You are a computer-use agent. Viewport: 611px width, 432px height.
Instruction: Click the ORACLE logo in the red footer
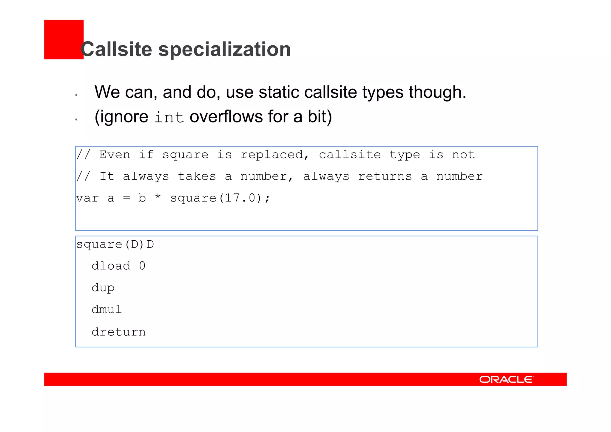tap(506, 379)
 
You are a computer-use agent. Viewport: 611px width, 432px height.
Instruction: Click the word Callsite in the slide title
tap(116, 49)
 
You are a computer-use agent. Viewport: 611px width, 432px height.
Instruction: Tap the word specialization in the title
tap(224, 49)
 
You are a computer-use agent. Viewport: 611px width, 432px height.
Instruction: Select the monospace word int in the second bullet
tap(169, 117)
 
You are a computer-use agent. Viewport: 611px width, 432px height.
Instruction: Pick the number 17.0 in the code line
tap(240, 198)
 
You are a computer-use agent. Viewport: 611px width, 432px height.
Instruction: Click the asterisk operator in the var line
tap(158, 197)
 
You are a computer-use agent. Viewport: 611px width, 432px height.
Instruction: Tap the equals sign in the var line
tap(126, 198)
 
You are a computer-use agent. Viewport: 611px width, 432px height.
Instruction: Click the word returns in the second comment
tap(385, 176)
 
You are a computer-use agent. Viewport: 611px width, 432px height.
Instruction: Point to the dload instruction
tap(111, 266)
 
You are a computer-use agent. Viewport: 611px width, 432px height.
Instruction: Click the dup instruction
tap(103, 288)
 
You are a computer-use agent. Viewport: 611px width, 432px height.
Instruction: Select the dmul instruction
tap(107, 310)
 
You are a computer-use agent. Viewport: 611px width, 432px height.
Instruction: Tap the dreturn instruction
tap(118, 332)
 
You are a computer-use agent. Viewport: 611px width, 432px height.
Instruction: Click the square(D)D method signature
tap(115, 245)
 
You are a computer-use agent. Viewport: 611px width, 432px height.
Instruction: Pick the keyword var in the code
tap(87, 198)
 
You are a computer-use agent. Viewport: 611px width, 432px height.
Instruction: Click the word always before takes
tap(146, 176)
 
